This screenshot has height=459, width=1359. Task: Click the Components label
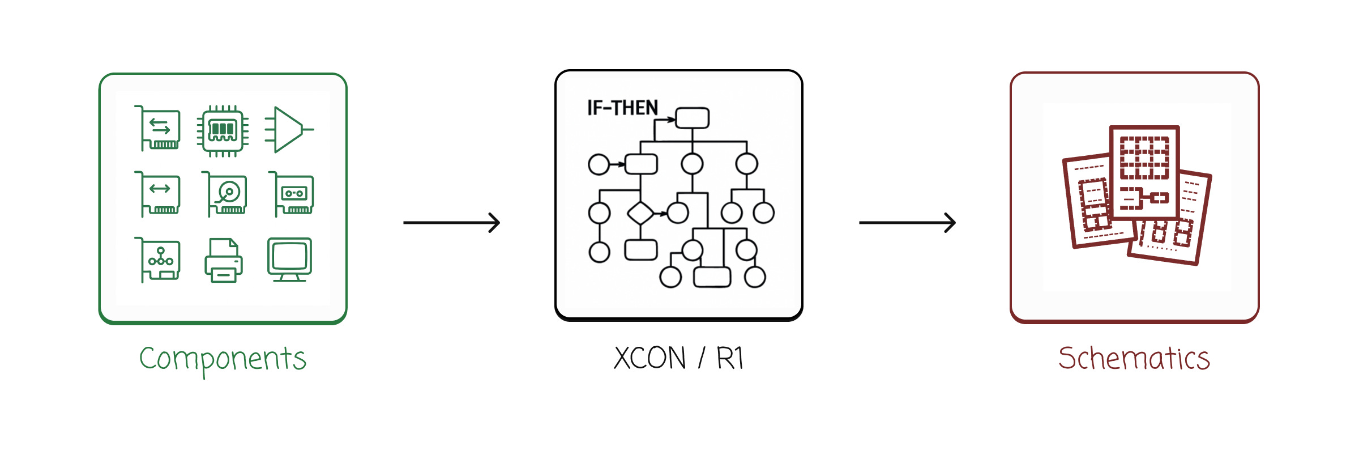(223, 359)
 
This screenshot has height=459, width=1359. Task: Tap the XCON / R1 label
(678, 358)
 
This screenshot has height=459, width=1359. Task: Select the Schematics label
(1134, 358)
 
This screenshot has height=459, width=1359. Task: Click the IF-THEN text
(622, 108)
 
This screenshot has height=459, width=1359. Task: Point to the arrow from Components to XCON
(451, 223)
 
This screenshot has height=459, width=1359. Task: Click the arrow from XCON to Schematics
(907, 223)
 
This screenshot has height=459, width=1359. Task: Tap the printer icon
(224, 260)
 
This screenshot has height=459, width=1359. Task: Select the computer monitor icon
(289, 260)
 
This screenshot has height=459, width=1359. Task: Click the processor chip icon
(223, 130)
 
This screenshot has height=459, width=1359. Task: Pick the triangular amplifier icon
(288, 130)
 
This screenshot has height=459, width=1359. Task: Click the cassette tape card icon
(292, 194)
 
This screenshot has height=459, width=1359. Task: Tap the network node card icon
(159, 260)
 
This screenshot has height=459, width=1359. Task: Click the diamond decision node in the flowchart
(640, 214)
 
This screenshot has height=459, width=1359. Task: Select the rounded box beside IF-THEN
(692, 118)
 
